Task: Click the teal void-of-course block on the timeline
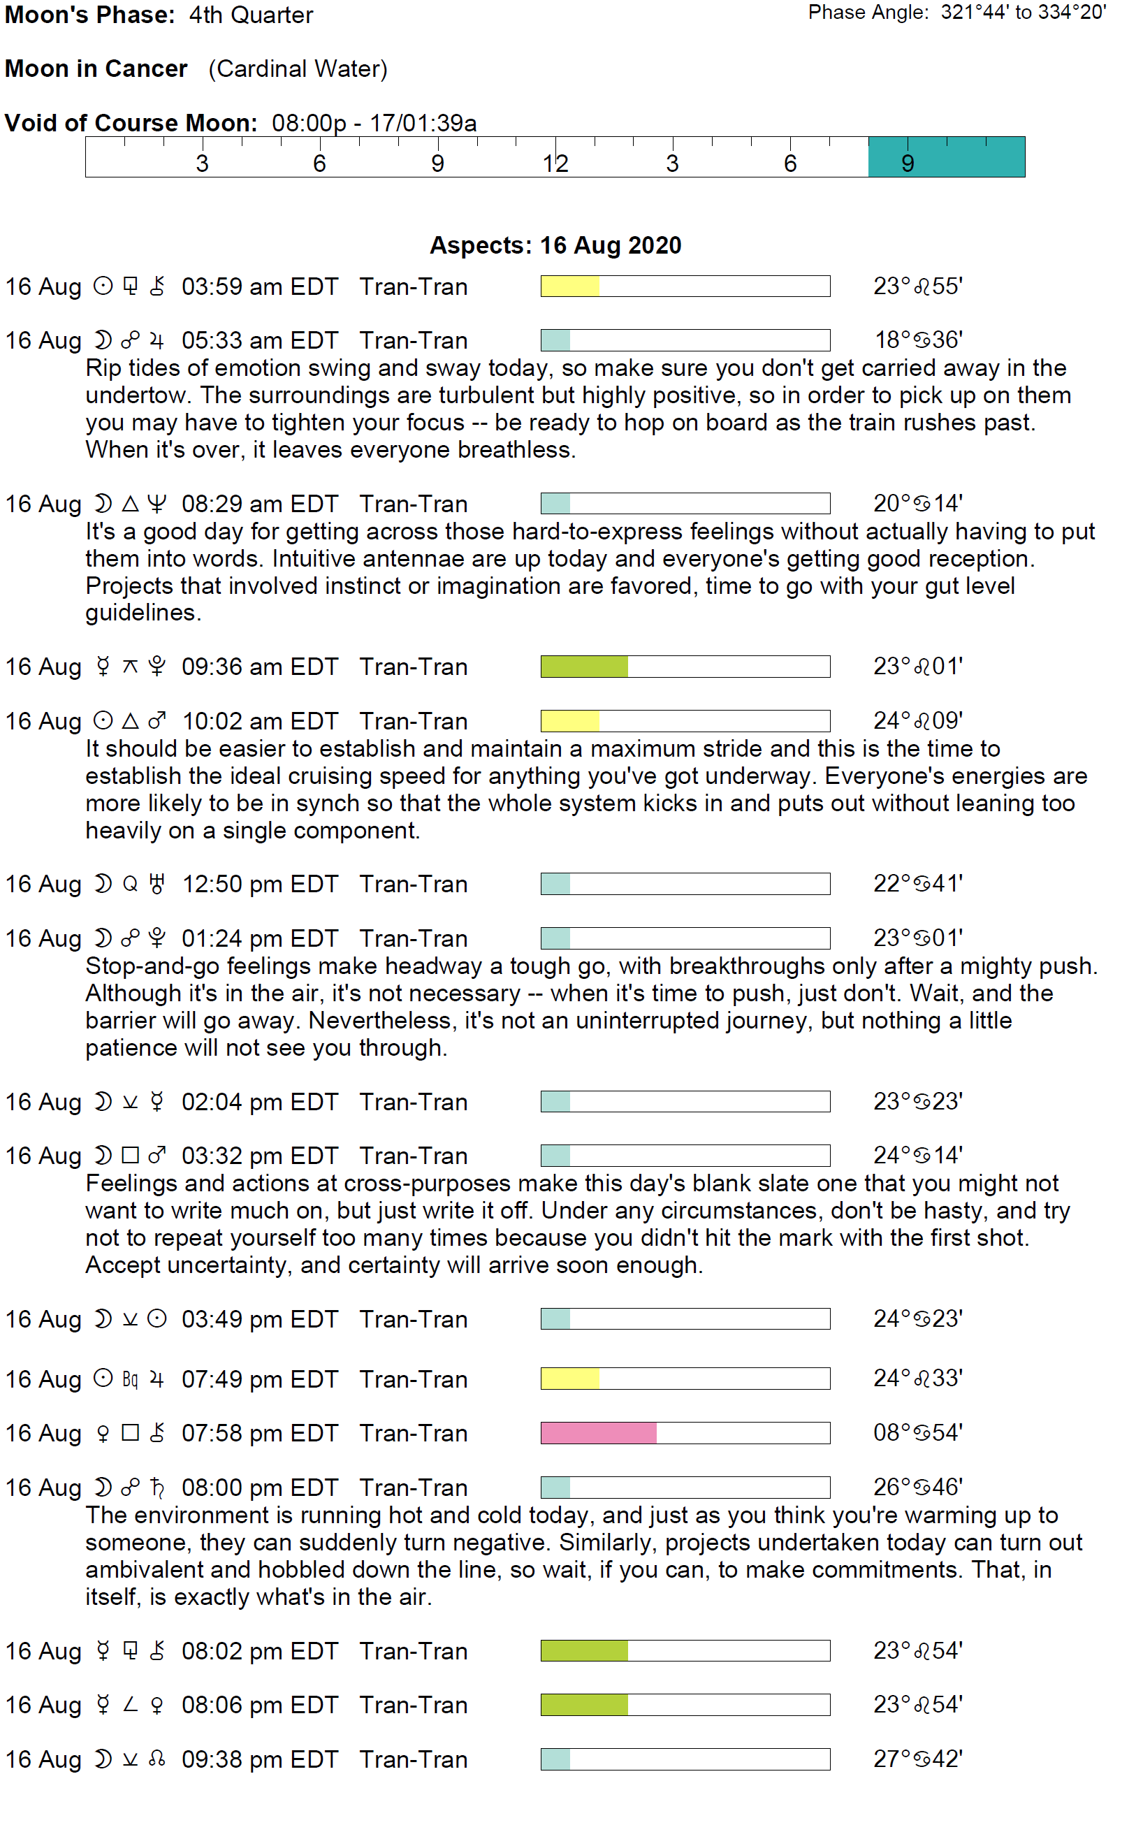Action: [x=946, y=157]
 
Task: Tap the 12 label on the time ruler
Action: [x=555, y=163]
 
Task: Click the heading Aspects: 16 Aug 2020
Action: [x=555, y=245]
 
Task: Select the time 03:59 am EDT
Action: [x=259, y=286]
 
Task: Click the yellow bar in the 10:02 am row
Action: [x=570, y=720]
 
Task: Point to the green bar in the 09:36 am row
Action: [x=583, y=666]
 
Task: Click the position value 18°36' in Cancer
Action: [x=918, y=340]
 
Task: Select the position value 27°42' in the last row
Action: [x=918, y=1759]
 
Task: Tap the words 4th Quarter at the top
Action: [x=251, y=15]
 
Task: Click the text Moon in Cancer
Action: [x=96, y=68]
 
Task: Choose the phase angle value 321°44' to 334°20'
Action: [x=1023, y=12]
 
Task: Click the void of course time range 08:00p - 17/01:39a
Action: [x=374, y=122]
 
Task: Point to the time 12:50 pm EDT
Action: [x=259, y=884]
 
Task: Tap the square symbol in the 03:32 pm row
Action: [x=130, y=1155]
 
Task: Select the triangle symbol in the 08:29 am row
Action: [x=130, y=504]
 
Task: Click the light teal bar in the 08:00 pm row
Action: [x=555, y=1487]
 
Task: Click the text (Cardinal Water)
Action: [x=298, y=68]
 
